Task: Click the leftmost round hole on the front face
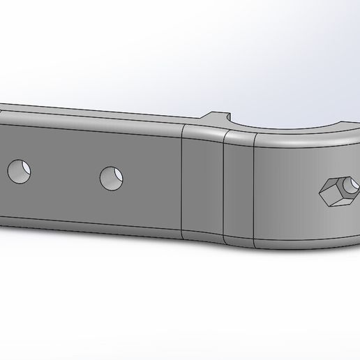[19, 171]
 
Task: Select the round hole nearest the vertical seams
[111, 179]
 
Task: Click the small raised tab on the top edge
[219, 117]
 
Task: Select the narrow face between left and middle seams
[202, 185]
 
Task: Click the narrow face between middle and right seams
[239, 188]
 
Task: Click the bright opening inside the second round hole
[114, 177]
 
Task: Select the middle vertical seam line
[223, 188]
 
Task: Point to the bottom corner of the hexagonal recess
[334, 206]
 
